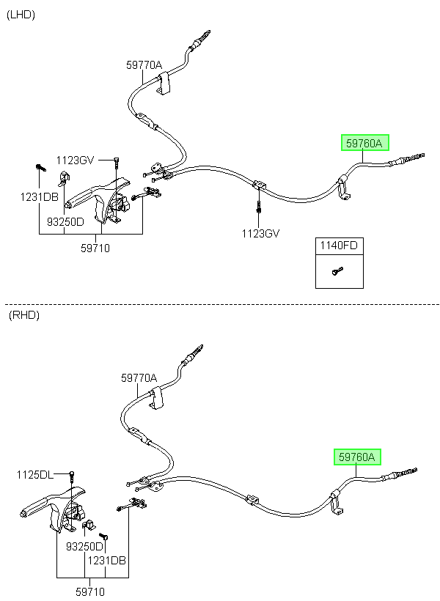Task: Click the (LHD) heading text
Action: (21, 15)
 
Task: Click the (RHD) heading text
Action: (23, 315)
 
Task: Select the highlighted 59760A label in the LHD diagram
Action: (364, 143)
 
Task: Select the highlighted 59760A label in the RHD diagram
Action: (357, 457)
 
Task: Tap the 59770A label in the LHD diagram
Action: (144, 65)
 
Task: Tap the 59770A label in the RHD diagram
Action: (139, 378)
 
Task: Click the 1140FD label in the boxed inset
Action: (339, 246)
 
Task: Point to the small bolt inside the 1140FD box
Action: (337, 271)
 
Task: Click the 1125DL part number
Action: (35, 475)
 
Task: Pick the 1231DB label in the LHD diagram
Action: (39, 197)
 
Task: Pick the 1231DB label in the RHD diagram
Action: (106, 561)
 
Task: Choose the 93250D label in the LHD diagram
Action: (65, 221)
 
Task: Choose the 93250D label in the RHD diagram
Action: (84, 547)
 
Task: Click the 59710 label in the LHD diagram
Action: (95, 248)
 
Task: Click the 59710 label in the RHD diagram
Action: (90, 591)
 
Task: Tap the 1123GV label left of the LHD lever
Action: (76, 161)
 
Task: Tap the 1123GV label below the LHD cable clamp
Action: (260, 233)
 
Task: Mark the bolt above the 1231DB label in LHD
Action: (40, 168)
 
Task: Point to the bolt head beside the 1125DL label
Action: (72, 475)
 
